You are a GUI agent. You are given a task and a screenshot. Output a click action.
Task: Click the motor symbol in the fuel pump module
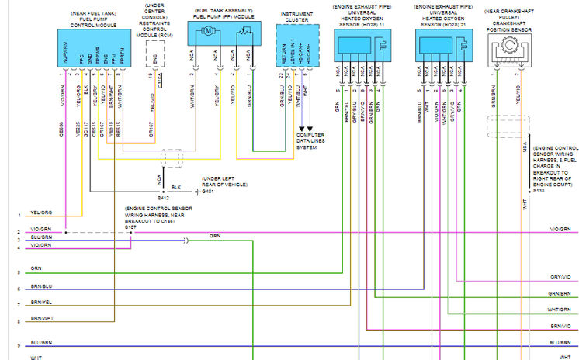coord(208,31)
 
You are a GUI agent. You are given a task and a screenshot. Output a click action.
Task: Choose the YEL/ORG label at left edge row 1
coord(41,211)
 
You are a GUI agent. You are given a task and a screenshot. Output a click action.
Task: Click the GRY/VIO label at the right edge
coord(560,277)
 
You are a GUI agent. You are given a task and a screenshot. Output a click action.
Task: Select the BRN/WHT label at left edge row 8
coord(42,318)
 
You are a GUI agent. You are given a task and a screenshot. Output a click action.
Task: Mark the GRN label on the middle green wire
coord(214,235)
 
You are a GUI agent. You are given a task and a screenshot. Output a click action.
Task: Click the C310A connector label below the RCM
coord(161,77)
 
